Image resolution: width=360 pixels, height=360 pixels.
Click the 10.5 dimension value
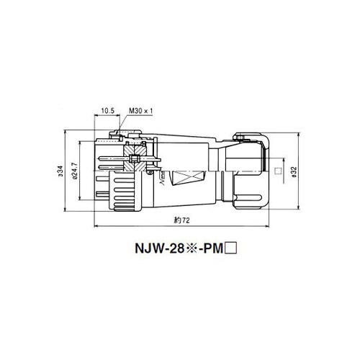click(x=108, y=111)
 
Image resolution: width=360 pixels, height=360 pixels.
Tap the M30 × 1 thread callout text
click(x=141, y=111)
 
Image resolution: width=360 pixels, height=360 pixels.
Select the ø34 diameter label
click(x=60, y=171)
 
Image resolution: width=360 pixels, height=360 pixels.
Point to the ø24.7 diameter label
click(x=75, y=171)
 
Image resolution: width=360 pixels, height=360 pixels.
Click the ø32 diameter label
click(x=294, y=172)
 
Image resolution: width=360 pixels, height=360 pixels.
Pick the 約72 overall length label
click(x=181, y=220)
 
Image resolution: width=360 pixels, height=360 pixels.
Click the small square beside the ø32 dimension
click(x=278, y=171)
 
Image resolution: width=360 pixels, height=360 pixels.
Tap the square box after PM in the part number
click(x=231, y=248)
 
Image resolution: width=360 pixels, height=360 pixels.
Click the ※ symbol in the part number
click(x=191, y=248)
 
